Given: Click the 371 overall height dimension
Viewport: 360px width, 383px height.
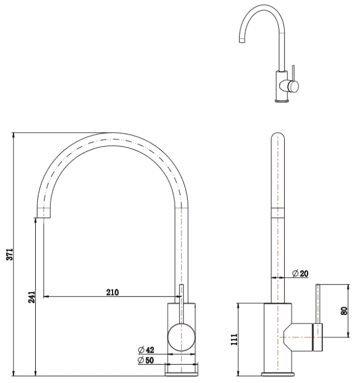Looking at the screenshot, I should pyautogui.click(x=17, y=254).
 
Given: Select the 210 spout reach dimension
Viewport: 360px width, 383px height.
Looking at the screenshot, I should pyautogui.click(x=112, y=292).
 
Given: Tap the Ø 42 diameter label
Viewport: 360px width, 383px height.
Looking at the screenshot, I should pyautogui.click(x=146, y=350).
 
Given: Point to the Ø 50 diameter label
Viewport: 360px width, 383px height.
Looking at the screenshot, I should pyautogui.click(x=146, y=360).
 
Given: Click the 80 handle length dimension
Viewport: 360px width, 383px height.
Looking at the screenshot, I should pyautogui.click(x=345, y=312).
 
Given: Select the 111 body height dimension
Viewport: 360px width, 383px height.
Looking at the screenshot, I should pyautogui.click(x=234, y=339).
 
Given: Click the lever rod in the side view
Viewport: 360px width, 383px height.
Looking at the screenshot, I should pyautogui.click(x=318, y=303).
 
